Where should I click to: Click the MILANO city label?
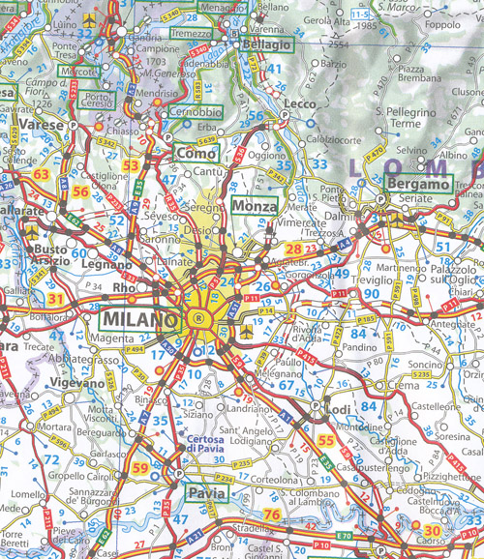coord(139,319)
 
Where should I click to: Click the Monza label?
coord(255,206)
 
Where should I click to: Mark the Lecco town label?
coord(302,103)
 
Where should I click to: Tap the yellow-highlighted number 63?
coord(42,174)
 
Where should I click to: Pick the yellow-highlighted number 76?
coord(272,515)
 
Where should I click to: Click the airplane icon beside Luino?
coord(90,18)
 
